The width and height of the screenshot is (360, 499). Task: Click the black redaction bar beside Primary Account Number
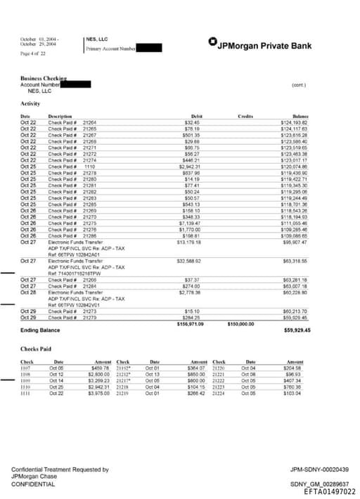(x=149, y=48)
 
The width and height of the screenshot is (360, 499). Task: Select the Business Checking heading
(x=48, y=79)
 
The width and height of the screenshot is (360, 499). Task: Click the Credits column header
(x=245, y=116)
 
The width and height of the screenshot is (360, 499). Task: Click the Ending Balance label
(x=41, y=329)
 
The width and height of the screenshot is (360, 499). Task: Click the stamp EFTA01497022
(x=325, y=491)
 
